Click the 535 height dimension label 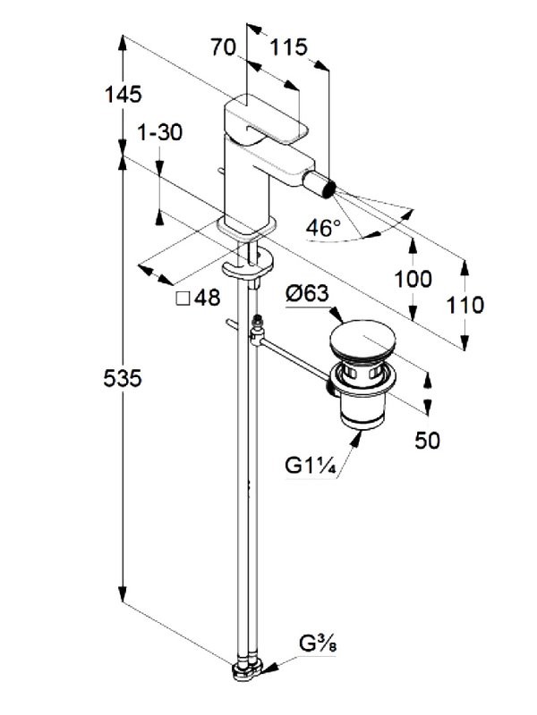click(123, 378)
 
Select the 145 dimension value click(124, 95)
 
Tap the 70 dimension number click(223, 47)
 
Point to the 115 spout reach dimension click(288, 47)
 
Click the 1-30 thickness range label click(160, 132)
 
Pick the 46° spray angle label click(323, 228)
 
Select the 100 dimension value click(413, 279)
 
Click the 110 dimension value click(465, 305)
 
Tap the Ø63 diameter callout click(308, 293)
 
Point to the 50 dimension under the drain click(428, 441)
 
